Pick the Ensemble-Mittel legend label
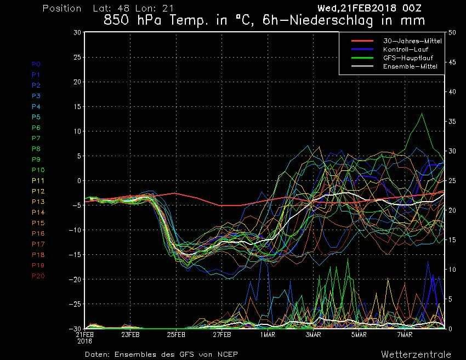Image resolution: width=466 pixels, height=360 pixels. click(410, 66)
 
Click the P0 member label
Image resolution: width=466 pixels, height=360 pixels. click(36, 64)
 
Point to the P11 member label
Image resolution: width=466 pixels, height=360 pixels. click(37, 180)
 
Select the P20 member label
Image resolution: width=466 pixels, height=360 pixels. click(38, 276)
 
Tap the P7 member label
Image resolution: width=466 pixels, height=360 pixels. click(36, 138)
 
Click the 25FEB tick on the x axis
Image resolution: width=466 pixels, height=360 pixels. click(176, 334)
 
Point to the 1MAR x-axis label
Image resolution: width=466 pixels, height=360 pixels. click(267, 334)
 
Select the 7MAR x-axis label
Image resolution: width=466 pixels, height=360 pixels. click(404, 334)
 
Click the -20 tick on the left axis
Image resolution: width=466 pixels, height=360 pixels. click(75, 279)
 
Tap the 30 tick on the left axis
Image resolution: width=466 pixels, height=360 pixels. click(77, 32)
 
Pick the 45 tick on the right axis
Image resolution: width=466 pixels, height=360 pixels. click(451, 62)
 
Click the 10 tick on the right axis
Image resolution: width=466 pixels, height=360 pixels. click(451, 270)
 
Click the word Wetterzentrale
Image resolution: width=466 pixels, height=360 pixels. click(416, 354)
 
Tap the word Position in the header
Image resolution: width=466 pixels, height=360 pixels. click(62, 8)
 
